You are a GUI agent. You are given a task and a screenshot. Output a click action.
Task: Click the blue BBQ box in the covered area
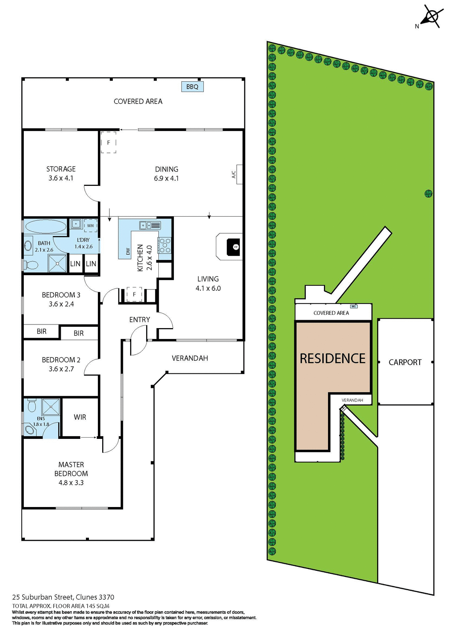tap(192, 87)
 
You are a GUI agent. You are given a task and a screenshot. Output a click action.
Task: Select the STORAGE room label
tap(61, 169)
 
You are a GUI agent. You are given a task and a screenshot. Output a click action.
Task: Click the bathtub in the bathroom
tap(46, 227)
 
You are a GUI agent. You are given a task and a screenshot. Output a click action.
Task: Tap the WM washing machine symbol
tap(90, 226)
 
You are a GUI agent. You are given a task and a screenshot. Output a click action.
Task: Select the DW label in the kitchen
tap(128, 251)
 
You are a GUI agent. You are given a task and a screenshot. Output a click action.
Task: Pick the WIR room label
tap(80, 417)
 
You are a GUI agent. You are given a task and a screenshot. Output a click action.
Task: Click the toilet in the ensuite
tap(32, 406)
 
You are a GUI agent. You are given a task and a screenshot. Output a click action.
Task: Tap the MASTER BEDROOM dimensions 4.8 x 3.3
tap(71, 483)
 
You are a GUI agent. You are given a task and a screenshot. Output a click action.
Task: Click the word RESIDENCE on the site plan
tap(332, 359)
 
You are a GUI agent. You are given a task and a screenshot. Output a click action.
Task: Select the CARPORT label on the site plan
tap(405, 362)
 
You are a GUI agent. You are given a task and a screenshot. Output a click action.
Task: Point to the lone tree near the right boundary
tap(428, 193)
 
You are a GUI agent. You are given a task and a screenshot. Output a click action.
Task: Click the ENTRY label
tap(140, 319)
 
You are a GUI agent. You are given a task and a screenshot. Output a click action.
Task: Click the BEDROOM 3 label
tap(61, 295)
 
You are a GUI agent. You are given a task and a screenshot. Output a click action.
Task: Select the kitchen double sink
tap(150, 226)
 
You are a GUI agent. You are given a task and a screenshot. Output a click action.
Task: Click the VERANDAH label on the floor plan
tap(190, 358)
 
